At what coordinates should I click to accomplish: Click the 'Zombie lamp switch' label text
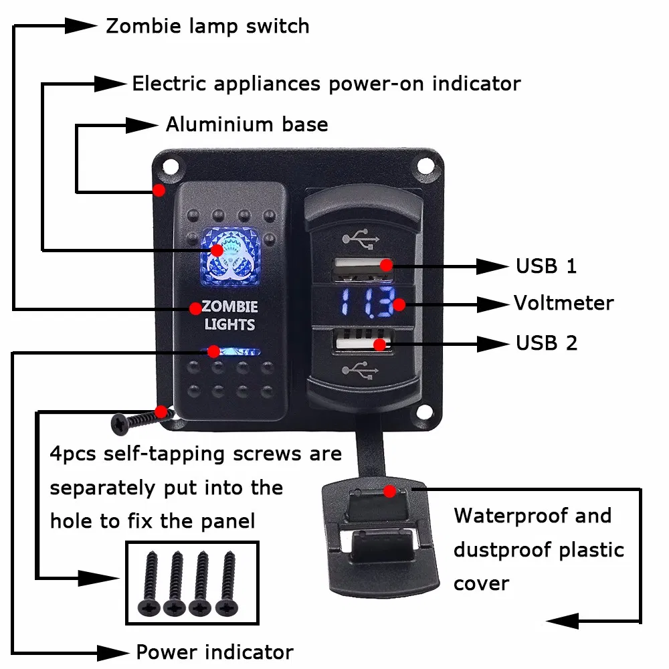click(x=207, y=27)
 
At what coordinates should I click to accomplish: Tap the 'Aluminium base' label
click(x=247, y=124)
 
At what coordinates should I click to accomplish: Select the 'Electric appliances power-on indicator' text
click(x=326, y=84)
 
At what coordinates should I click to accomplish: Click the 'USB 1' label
click(x=546, y=266)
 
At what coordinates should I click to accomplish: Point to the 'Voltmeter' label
click(x=563, y=303)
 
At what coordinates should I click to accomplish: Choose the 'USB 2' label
click(x=546, y=343)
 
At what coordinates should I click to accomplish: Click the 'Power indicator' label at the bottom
click(x=214, y=652)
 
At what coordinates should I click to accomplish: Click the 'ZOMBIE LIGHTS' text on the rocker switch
click(x=229, y=316)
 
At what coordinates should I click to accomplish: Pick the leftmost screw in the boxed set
click(x=148, y=583)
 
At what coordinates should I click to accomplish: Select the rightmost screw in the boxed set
click(x=228, y=583)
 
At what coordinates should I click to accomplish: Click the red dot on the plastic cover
click(x=389, y=491)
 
